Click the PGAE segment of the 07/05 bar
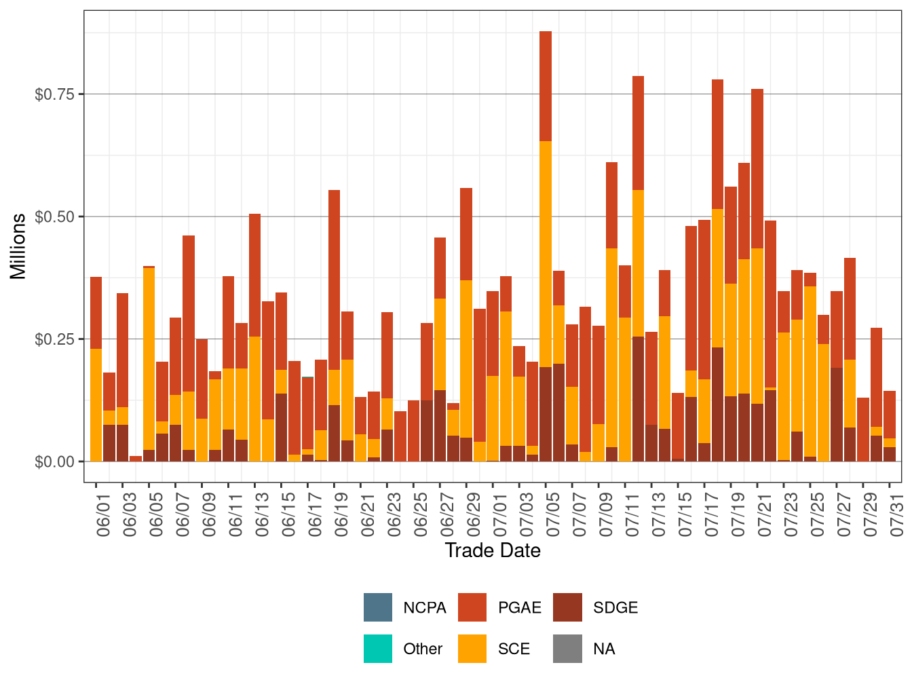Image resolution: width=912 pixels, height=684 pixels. pyautogui.click(x=546, y=86)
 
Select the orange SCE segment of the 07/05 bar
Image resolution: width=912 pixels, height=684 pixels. pyautogui.click(x=546, y=254)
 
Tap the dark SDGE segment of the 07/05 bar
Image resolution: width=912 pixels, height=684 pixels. pyautogui.click(x=546, y=414)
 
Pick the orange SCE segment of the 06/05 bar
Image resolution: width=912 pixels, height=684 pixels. pyautogui.click(x=149, y=359)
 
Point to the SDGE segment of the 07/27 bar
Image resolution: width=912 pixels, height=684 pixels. pyautogui.click(x=837, y=415)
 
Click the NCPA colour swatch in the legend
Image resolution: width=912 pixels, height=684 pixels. pyautogui.click(x=378, y=607)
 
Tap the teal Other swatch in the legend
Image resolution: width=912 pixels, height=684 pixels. pyautogui.click(x=378, y=649)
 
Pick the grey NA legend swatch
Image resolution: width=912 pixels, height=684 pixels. pyautogui.click(x=567, y=649)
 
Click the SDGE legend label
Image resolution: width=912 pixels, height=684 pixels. pyautogui.click(x=615, y=608)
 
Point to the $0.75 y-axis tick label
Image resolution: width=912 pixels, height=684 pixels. pyautogui.click(x=54, y=94)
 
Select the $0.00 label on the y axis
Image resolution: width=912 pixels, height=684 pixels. pyautogui.click(x=54, y=462)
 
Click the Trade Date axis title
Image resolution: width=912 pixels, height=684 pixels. pyautogui.click(x=493, y=550)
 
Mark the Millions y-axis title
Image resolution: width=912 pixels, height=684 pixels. pyautogui.click(x=18, y=246)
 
